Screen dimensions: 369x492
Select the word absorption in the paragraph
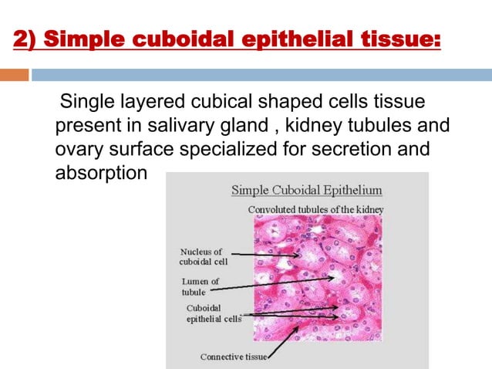coord(100,171)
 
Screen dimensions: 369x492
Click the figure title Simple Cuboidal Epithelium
coord(307,191)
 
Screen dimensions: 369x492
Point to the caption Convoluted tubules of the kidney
coord(315,209)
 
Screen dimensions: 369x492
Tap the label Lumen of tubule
coord(200,286)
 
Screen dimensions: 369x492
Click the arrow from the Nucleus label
coord(262,254)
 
